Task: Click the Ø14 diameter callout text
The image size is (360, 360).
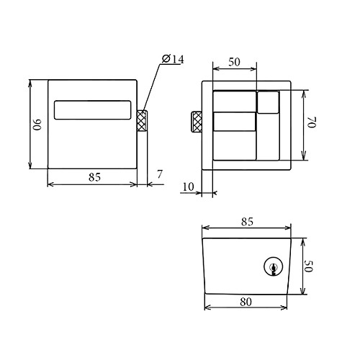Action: [x=173, y=59]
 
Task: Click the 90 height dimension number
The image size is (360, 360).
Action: [x=37, y=125]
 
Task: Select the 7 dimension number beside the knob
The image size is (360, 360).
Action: [x=160, y=174]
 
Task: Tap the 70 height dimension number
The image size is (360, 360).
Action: [x=312, y=122]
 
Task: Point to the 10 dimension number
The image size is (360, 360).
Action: [x=188, y=186]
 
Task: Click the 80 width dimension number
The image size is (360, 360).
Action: [x=246, y=302]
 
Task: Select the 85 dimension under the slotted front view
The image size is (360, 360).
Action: [x=94, y=177]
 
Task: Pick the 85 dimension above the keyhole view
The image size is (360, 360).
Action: [x=247, y=222]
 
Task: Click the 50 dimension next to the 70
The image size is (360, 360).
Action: [x=234, y=62]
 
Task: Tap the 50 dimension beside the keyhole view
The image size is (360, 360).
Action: [x=309, y=266]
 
